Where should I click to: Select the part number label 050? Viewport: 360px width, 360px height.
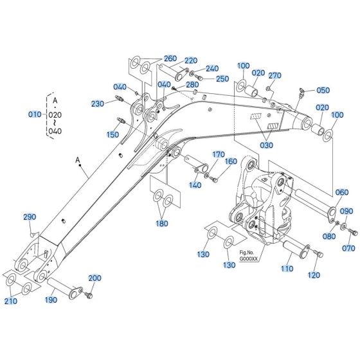coord(323,91)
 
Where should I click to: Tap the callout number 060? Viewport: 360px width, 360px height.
coord(342,192)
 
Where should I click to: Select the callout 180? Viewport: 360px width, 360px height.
coord(161,224)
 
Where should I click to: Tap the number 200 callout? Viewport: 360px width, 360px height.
coord(94,278)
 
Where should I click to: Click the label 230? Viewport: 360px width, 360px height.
coord(98,104)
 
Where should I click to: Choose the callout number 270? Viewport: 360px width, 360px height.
coord(274,76)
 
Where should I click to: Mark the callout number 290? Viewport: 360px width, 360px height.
coord(30,217)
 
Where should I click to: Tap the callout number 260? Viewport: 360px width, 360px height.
coord(152,59)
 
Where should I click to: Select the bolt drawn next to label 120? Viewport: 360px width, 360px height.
coord(318,258)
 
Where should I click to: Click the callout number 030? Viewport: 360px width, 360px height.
coord(265,146)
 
